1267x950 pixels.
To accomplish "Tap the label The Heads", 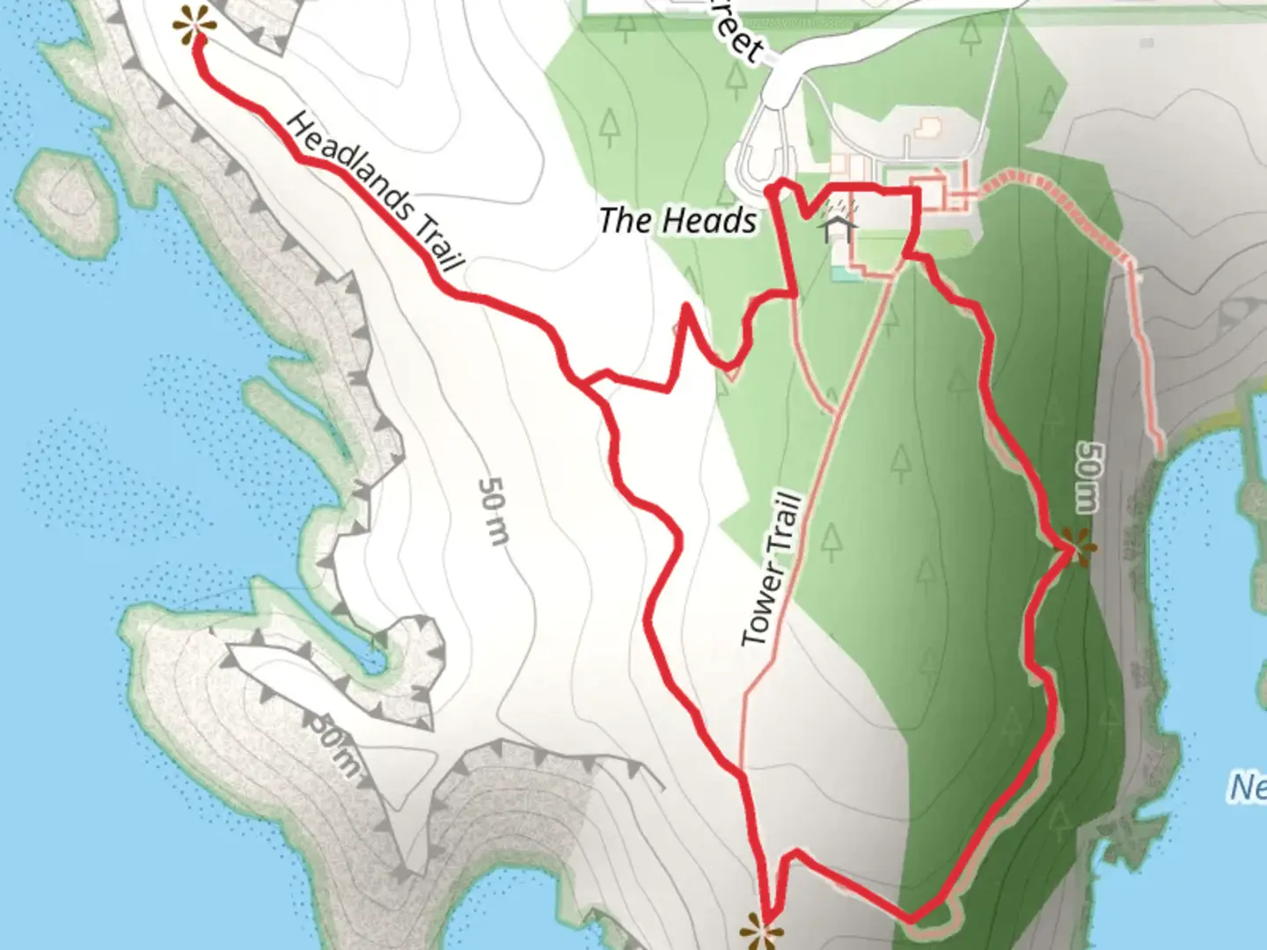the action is pyautogui.click(x=677, y=220).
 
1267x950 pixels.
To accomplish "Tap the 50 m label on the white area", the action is pyautogui.click(x=493, y=511).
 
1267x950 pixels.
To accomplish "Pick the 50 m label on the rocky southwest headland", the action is pyautogui.click(x=333, y=743).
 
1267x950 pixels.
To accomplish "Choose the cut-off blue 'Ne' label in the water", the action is pyautogui.click(x=1248, y=786).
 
